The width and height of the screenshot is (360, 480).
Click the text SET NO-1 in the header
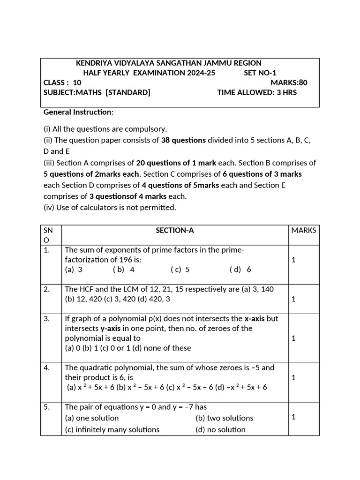point(260,73)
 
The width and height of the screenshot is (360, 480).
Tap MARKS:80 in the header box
point(289,82)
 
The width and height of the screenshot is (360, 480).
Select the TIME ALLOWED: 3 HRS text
point(257,92)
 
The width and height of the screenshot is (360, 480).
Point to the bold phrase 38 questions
point(183,140)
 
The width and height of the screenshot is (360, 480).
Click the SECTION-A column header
point(174,230)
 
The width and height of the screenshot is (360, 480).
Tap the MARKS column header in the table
point(304,230)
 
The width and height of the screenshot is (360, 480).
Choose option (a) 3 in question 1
point(74,270)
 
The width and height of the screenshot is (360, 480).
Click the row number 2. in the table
point(47,289)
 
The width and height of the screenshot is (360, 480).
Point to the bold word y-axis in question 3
point(111,328)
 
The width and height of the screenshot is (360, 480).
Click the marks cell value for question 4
point(293,377)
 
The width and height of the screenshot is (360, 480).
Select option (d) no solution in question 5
point(220,429)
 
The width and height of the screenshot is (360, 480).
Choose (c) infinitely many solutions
point(112,429)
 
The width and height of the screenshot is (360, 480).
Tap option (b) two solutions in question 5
point(224,418)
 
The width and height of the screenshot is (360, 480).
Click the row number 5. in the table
point(47,407)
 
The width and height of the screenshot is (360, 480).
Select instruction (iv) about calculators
point(110,207)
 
